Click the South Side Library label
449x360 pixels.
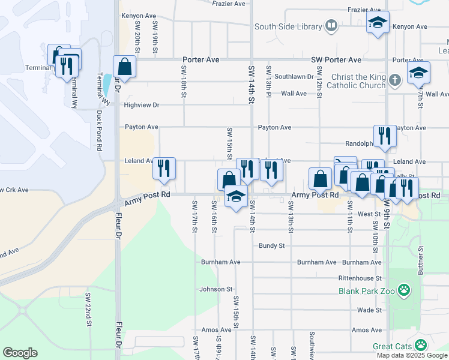[x=288, y=26]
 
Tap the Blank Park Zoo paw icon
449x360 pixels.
[x=406, y=291]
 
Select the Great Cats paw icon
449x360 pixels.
[x=421, y=346]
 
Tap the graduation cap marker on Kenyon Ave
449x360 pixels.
[x=378, y=23]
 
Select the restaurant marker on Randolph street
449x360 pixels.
[x=383, y=137]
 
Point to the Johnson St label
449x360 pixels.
[x=216, y=289]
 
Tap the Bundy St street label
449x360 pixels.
[x=271, y=246]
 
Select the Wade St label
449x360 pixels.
[x=369, y=310]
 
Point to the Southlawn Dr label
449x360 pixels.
[x=294, y=77]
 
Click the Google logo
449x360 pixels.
[x=20, y=352]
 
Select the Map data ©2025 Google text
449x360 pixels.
[x=411, y=355]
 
